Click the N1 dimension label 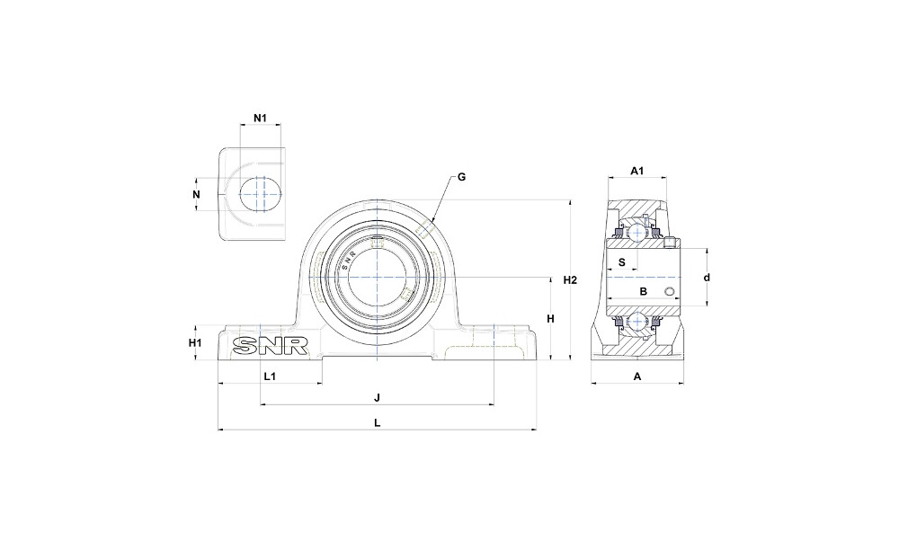261,118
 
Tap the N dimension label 197,194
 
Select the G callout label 461,177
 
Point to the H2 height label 570,280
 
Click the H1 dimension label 195,343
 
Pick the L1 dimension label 270,376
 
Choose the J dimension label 377,397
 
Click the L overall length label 377,423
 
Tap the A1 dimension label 637,170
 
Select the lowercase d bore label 707,278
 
